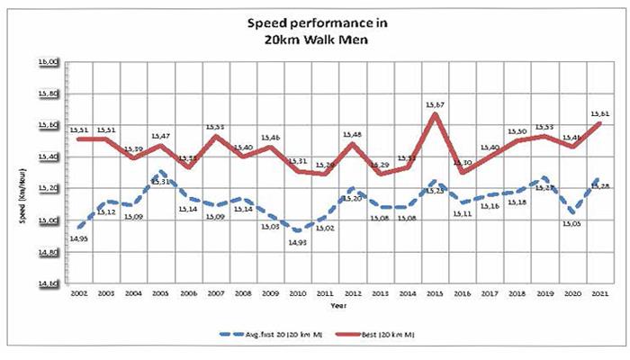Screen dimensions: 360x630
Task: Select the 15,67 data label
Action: [x=436, y=105]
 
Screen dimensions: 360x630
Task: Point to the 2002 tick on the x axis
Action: [x=79, y=293]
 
